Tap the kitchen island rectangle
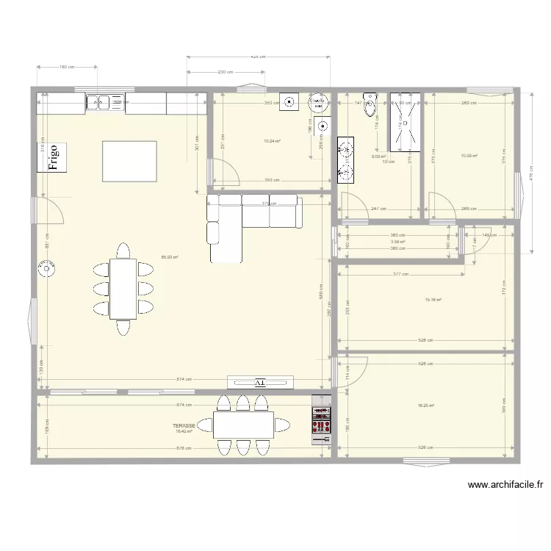click(129, 161)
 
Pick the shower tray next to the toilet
click(406, 121)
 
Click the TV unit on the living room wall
click(259, 382)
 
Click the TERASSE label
click(184, 425)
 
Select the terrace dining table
click(243, 425)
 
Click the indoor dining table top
click(123, 289)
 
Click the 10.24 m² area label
click(272, 141)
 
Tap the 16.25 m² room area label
click(426, 406)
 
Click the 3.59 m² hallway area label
click(398, 242)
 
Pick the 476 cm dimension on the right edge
click(531, 176)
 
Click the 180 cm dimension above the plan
click(66, 67)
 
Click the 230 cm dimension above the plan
click(225, 72)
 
